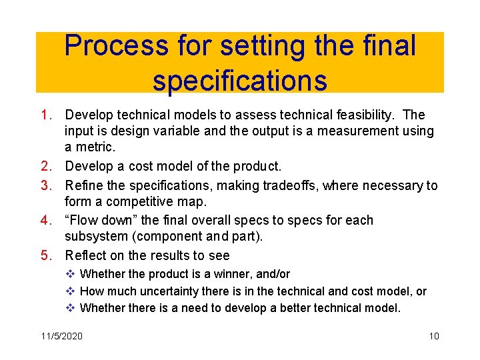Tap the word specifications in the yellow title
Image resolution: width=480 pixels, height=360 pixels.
pyautogui.click(x=240, y=80)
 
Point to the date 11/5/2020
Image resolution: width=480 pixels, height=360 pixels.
pyautogui.click(x=61, y=336)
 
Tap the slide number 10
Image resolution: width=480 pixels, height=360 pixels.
pyautogui.click(x=433, y=336)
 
